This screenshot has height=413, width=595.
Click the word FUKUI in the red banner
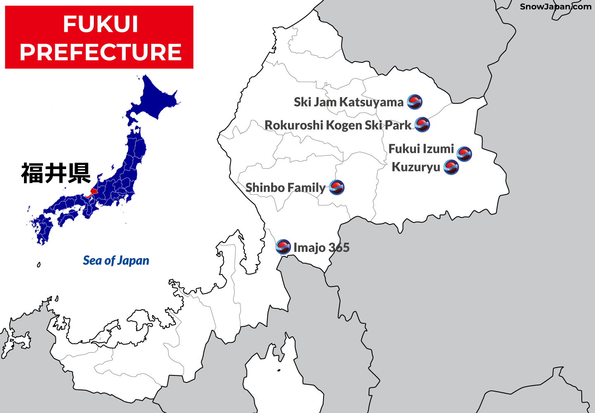[x=100, y=24]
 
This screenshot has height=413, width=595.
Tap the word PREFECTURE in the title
[x=100, y=52]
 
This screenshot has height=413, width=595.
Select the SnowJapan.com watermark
[x=555, y=7]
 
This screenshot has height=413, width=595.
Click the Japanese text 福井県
[x=56, y=173]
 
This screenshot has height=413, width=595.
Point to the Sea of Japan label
[x=116, y=260]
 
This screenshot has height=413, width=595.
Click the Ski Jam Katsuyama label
[x=348, y=102]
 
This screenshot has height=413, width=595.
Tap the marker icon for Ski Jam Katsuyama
[x=414, y=102]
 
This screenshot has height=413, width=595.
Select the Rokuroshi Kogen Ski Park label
[x=338, y=125]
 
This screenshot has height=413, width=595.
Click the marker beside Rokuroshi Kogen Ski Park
[x=422, y=124]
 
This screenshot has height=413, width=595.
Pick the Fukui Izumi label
[x=421, y=149]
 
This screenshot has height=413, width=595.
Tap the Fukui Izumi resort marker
[x=464, y=154]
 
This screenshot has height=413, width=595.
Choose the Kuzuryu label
[x=416, y=167]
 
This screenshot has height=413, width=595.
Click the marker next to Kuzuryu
[x=451, y=167]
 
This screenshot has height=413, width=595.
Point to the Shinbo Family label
[x=286, y=188]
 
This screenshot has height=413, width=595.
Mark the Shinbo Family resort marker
[x=337, y=187]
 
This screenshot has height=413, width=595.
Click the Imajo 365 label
[x=321, y=248]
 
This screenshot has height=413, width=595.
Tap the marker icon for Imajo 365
[x=283, y=247]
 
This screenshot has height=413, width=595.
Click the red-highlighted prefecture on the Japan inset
[x=93, y=192]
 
